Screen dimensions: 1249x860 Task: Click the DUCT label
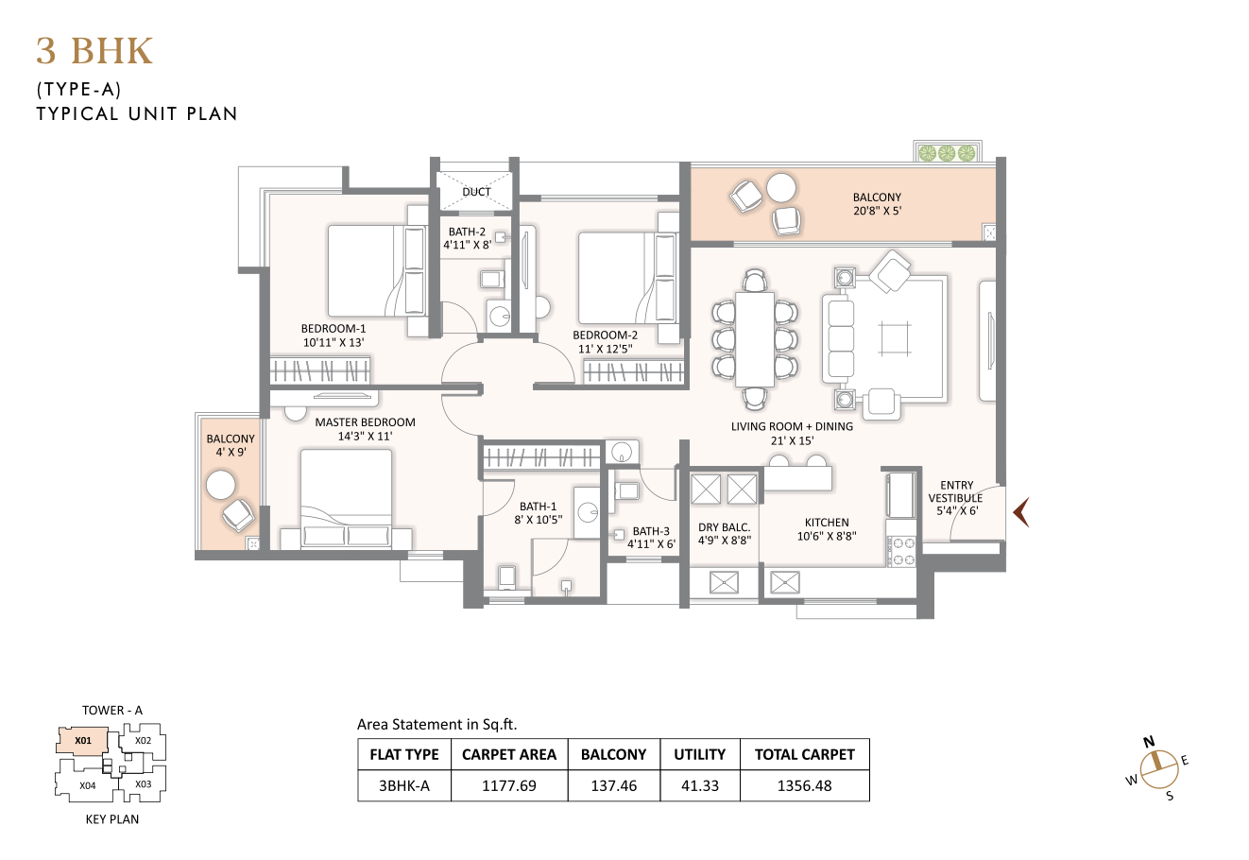coord(476,192)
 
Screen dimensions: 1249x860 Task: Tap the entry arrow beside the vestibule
coord(1021,512)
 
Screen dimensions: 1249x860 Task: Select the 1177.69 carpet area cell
coord(509,786)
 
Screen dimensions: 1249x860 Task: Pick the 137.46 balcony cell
coord(614,786)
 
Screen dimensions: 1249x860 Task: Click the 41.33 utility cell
coord(700,786)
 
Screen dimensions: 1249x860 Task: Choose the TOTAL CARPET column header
coord(805,754)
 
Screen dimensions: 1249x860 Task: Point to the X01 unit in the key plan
coord(83,741)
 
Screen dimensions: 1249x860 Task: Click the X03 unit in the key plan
coord(144,783)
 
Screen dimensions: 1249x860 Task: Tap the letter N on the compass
coord(1149,742)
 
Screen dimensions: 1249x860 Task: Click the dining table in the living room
coord(755,339)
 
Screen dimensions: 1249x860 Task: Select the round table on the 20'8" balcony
coord(780,187)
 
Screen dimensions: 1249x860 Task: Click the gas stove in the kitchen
coord(901,551)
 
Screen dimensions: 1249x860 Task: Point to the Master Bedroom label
coord(366,422)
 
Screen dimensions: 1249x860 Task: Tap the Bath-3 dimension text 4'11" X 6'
coord(651,543)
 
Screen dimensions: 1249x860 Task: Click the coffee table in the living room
coord(895,338)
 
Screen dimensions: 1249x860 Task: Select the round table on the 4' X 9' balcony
coord(221,485)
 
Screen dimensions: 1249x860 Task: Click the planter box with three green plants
coord(947,152)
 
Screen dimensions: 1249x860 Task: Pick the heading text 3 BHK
coord(94,51)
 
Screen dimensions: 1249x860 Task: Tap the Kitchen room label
coord(827,523)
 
